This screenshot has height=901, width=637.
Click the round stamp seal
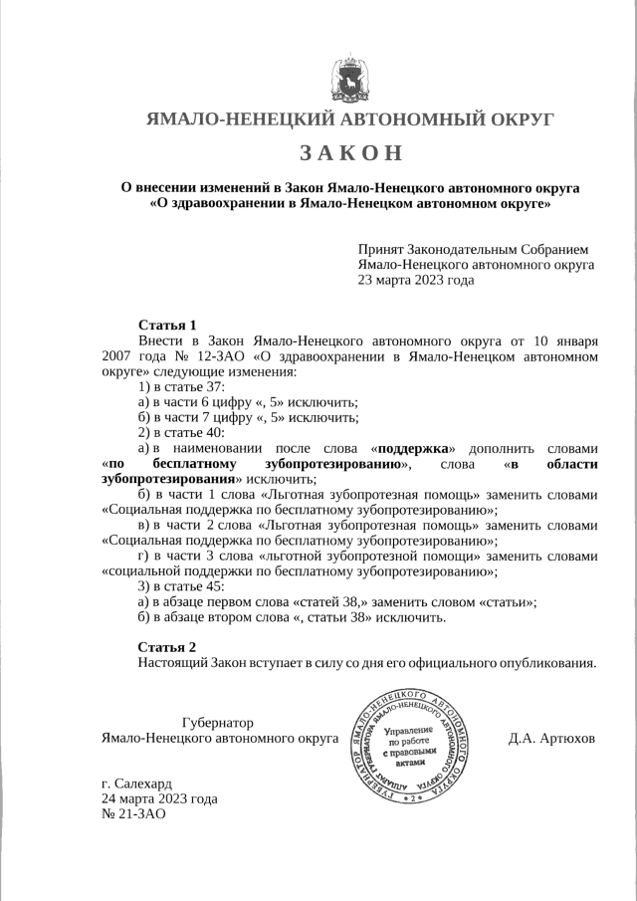click(412, 746)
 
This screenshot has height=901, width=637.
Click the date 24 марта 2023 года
click(159, 798)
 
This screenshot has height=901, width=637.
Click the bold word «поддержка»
click(416, 448)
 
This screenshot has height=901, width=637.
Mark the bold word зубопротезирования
click(168, 479)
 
